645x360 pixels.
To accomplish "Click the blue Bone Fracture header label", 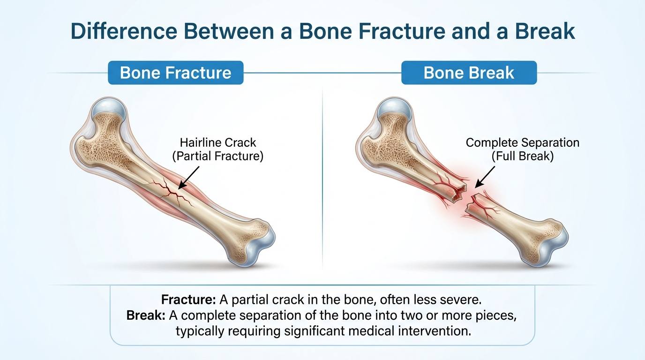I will pyautogui.click(x=175, y=73).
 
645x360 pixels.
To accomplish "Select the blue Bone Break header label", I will pyautogui.click(x=469, y=73).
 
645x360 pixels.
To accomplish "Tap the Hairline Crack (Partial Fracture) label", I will pyautogui.click(x=217, y=150).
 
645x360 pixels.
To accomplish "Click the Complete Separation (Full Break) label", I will pyautogui.click(x=522, y=150).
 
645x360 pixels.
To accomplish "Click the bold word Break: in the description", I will pyautogui.click(x=146, y=315).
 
